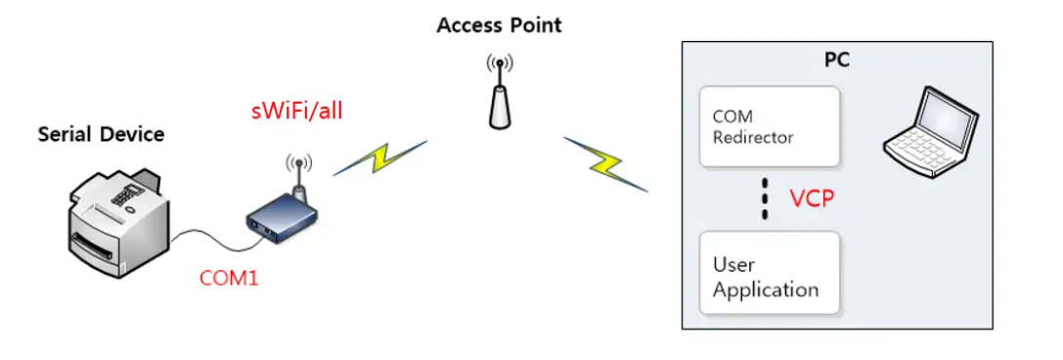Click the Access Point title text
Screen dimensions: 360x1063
tap(499, 24)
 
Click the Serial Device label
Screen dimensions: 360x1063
tap(101, 134)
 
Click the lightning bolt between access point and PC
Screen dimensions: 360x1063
tap(606, 161)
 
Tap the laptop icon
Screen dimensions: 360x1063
tap(928, 137)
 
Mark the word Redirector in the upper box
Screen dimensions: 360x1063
tap(753, 138)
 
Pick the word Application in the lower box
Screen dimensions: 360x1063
tap(766, 290)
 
